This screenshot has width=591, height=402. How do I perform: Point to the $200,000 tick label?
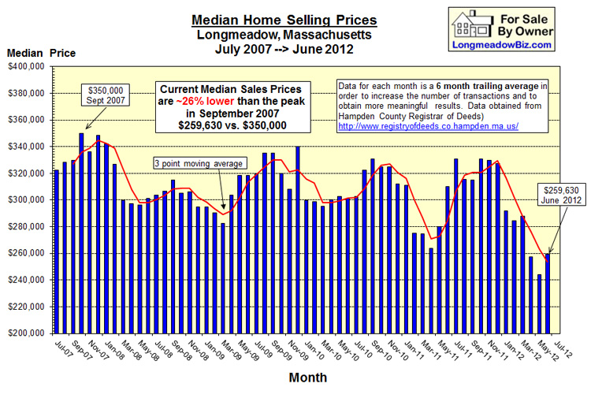(x=28, y=333)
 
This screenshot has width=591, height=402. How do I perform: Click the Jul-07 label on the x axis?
(x=61, y=348)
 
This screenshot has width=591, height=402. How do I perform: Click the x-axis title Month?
(x=307, y=378)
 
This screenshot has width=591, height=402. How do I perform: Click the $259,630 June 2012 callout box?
(x=560, y=194)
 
